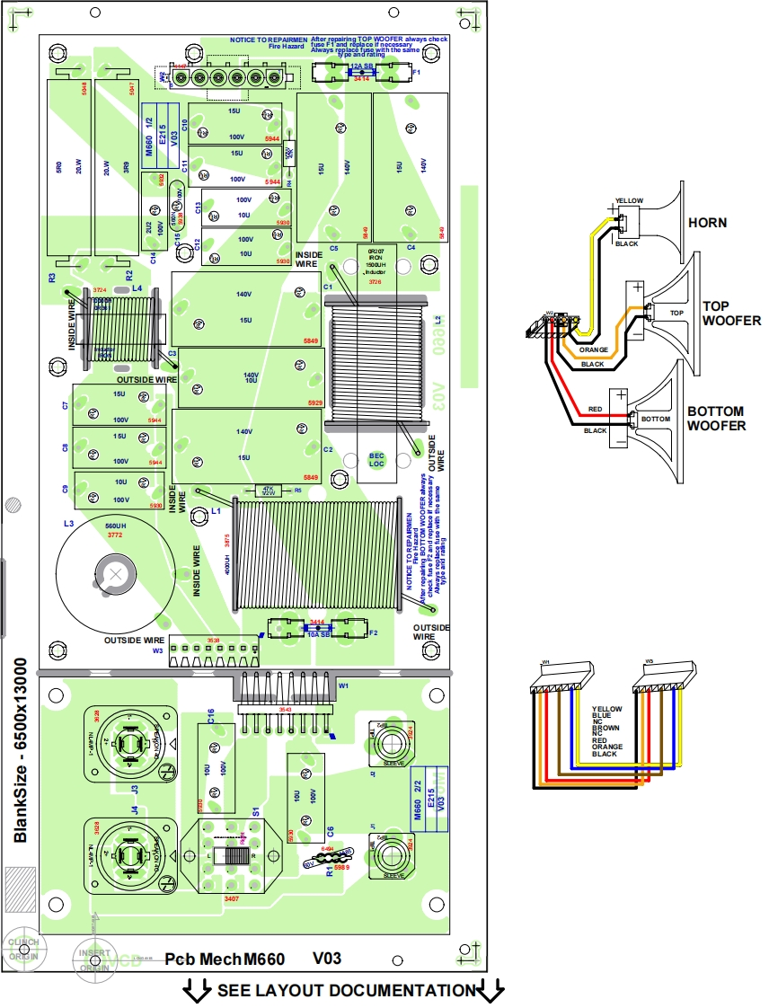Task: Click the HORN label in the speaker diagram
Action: click(706, 222)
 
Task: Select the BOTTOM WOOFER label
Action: click(716, 419)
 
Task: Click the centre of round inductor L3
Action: click(115, 571)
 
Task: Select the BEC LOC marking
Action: click(377, 460)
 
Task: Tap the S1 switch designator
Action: click(256, 810)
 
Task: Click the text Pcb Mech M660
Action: click(225, 959)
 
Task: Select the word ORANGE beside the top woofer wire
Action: click(594, 350)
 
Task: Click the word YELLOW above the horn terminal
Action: click(629, 199)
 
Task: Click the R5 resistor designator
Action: click(297, 491)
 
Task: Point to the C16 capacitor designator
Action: click(209, 716)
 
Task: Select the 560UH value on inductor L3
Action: click(114, 526)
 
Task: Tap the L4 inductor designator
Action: click(137, 288)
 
